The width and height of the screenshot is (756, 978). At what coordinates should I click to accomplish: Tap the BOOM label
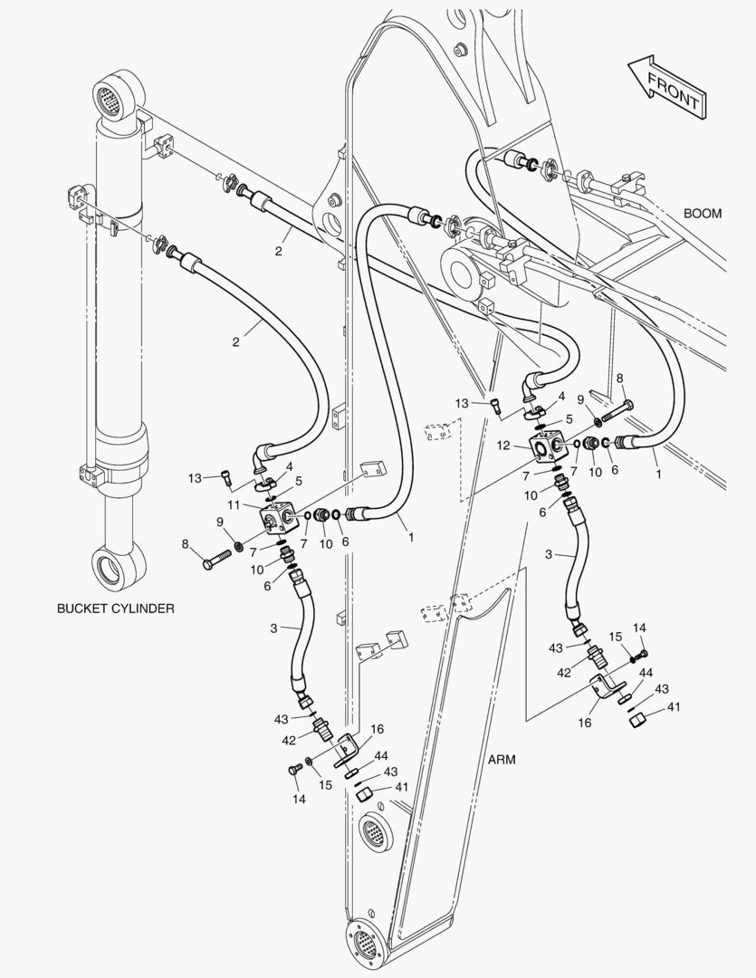point(702,214)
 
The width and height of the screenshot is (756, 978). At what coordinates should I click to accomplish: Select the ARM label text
point(502,760)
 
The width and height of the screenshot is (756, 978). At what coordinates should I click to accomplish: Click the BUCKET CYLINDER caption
point(115,609)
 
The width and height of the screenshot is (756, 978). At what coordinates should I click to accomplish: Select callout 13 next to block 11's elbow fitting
point(194,478)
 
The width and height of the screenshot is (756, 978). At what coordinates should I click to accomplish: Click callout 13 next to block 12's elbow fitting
point(462,403)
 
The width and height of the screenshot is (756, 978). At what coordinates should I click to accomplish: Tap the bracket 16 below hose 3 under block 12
point(604,687)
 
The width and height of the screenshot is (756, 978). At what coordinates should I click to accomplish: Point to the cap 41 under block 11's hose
point(364,794)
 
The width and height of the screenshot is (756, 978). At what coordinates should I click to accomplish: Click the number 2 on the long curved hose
point(236,342)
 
